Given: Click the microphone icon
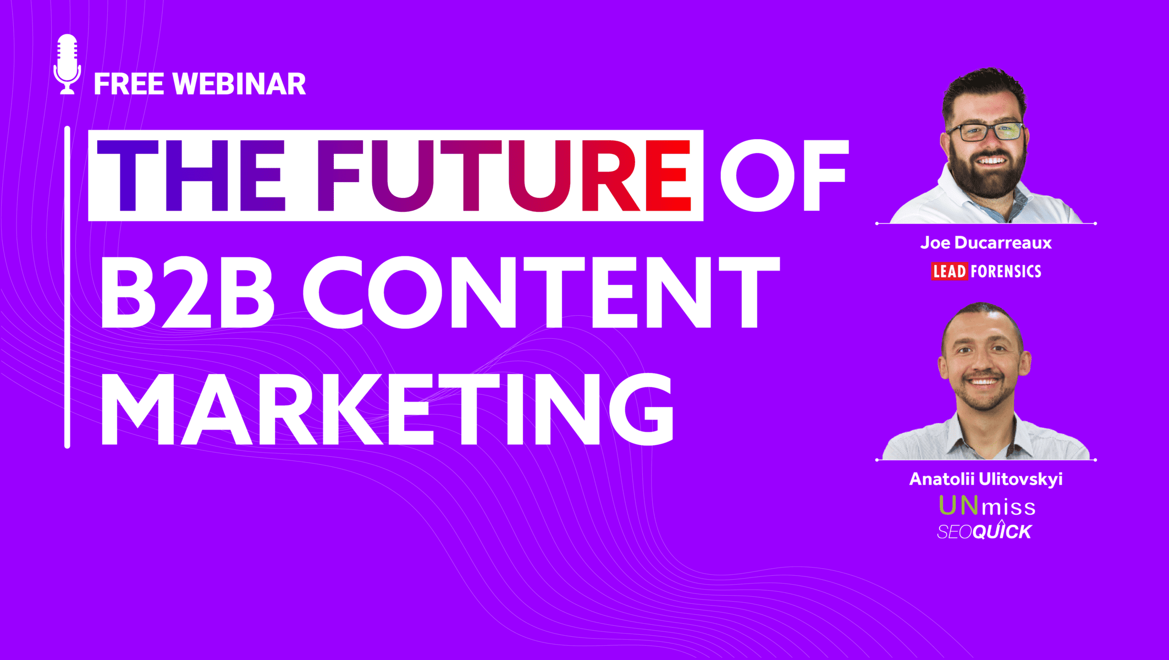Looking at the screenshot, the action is (67, 64).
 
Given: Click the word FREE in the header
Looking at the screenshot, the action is (129, 84).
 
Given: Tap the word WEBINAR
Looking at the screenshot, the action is (239, 84).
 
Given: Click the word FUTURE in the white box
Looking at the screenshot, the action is (504, 175).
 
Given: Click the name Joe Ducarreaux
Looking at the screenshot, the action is (986, 243).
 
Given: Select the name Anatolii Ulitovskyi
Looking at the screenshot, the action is (986, 479).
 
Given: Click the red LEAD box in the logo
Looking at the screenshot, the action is (950, 271).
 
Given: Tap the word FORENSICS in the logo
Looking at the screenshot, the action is (1006, 271).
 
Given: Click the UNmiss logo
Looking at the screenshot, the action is (987, 506).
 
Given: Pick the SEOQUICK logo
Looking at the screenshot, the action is (984, 531).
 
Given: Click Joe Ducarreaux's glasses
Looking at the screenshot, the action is (985, 131).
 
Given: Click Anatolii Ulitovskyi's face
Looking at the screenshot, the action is (984, 366).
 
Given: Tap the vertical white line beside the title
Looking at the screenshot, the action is (67, 287).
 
